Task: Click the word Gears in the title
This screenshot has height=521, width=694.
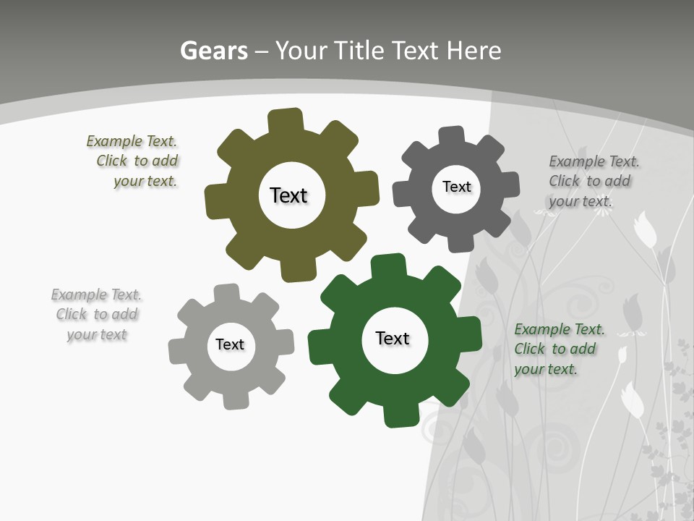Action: [x=213, y=51]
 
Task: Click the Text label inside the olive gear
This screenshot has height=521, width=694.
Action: [x=288, y=195]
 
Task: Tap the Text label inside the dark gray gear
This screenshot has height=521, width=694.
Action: [x=456, y=187]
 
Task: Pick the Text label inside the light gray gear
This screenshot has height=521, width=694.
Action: [x=229, y=344]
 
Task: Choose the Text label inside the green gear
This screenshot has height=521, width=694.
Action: [x=393, y=338]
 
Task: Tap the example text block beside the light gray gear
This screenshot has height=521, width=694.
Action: [x=96, y=314]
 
